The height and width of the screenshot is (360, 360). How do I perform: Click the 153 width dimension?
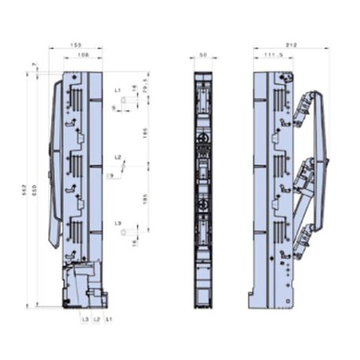click(76, 46)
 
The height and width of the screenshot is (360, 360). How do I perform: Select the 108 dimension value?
click(82, 56)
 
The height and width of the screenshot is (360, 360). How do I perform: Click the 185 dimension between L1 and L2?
click(145, 134)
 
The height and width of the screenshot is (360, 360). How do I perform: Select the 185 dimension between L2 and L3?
click(145, 200)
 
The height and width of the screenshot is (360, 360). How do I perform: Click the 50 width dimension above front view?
click(202, 56)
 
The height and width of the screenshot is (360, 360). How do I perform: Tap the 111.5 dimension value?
click(271, 56)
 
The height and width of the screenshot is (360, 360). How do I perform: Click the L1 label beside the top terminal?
click(117, 91)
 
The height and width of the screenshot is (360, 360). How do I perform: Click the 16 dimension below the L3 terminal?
click(134, 244)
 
